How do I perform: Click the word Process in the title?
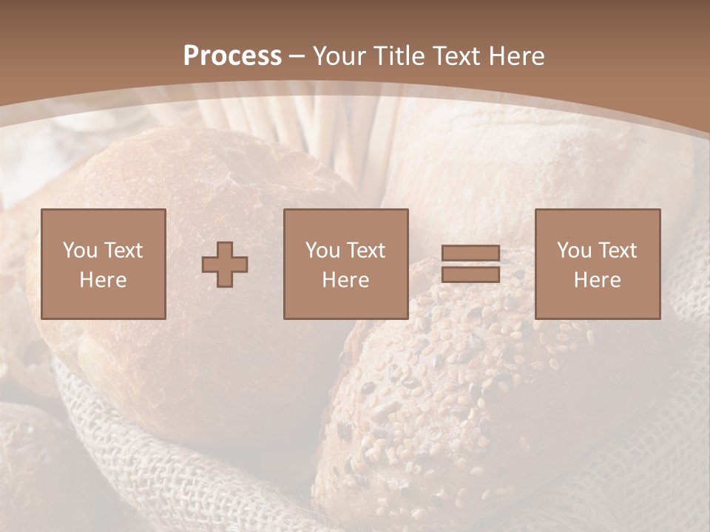tap(232, 55)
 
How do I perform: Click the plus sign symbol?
tap(226, 265)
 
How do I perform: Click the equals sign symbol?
tap(470, 264)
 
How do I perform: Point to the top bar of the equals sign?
tap(470, 253)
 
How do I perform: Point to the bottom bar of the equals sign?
tap(470, 274)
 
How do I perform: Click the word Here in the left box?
tap(104, 280)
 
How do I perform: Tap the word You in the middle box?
tap(322, 250)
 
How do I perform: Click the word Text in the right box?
tap(618, 250)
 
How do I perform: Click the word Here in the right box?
tap(598, 280)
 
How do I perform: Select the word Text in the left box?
tap(124, 250)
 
